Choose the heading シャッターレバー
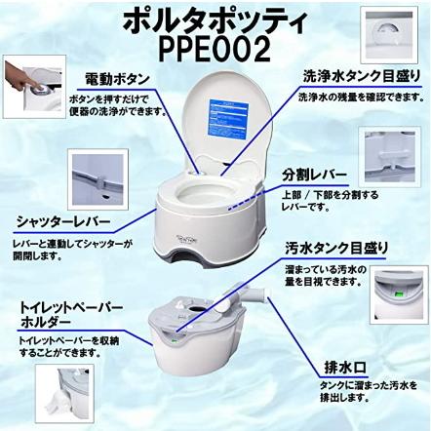(x=60, y=220)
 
